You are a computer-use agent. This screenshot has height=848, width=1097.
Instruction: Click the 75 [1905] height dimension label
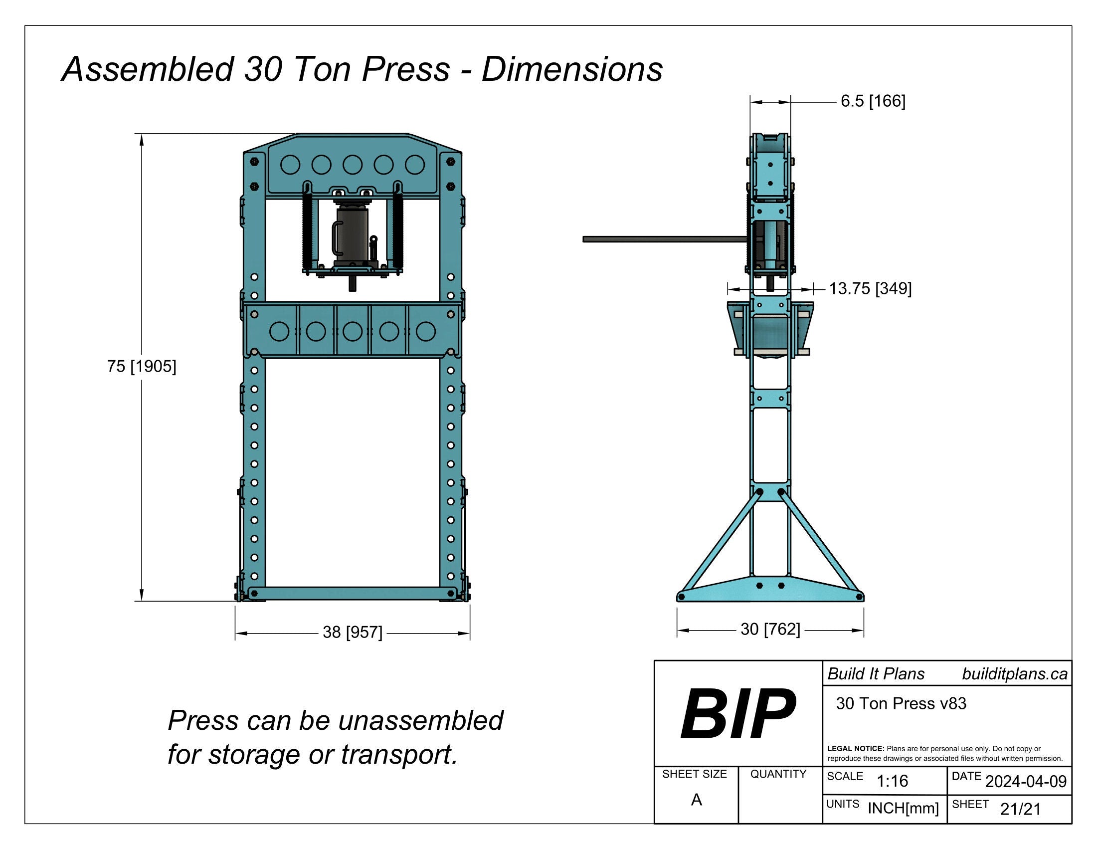pyautogui.click(x=141, y=366)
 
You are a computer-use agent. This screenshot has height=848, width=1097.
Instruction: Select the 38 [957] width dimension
pyautogui.click(x=352, y=632)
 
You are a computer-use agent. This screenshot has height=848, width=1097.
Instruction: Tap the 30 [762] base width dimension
pyautogui.click(x=770, y=629)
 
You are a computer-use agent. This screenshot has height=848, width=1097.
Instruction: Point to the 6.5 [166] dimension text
pyautogui.click(x=873, y=101)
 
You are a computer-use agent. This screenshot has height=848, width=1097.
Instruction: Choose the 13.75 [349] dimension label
pyautogui.click(x=870, y=288)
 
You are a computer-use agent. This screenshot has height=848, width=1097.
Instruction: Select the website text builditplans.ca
pyautogui.click(x=1014, y=674)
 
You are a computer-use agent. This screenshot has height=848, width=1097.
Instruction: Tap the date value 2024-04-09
pyautogui.click(x=1026, y=781)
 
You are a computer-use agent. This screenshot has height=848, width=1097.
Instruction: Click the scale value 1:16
pyautogui.click(x=892, y=781)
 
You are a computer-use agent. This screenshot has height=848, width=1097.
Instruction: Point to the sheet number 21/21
pyautogui.click(x=1020, y=809)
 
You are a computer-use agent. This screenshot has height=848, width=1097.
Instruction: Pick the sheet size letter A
pyautogui.click(x=696, y=799)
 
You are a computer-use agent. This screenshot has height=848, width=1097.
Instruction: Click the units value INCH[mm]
pyautogui.click(x=903, y=808)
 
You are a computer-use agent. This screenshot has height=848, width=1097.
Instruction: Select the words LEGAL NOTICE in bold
pyautogui.click(x=855, y=749)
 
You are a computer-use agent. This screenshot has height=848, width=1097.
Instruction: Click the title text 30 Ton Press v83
pyautogui.click(x=901, y=703)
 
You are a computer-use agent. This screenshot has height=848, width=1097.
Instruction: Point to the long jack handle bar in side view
pyautogui.click(x=663, y=239)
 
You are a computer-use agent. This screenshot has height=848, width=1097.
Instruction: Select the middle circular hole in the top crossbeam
pyautogui.click(x=352, y=165)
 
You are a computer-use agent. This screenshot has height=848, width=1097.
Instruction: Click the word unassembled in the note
pyautogui.click(x=420, y=720)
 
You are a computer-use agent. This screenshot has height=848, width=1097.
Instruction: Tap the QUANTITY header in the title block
pyautogui.click(x=778, y=774)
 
